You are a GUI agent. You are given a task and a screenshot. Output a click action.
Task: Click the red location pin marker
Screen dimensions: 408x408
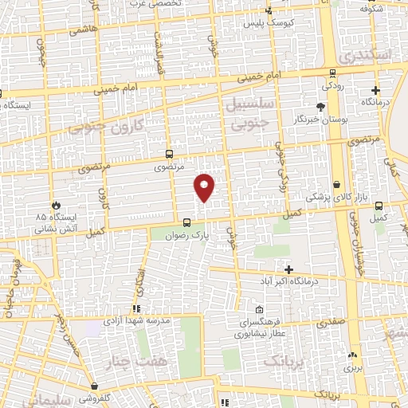(x=205, y=187)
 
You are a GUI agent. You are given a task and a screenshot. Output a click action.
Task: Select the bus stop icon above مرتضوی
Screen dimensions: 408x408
(x=168, y=154)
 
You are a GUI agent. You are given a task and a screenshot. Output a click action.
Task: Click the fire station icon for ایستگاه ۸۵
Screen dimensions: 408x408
(x=56, y=205)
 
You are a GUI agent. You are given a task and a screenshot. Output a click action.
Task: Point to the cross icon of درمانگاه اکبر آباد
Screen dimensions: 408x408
(x=289, y=269)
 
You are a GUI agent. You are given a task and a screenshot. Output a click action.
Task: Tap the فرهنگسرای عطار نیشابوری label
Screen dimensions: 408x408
(x=259, y=328)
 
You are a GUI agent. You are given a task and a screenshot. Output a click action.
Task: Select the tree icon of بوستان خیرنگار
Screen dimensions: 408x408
(x=320, y=107)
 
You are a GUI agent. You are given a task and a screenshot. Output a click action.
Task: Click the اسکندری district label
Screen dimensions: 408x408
(x=363, y=56)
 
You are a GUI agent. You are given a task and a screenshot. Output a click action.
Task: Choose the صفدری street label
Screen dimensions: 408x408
(x=331, y=324)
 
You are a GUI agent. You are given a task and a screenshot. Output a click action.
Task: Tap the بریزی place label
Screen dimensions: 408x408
(x=351, y=369)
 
